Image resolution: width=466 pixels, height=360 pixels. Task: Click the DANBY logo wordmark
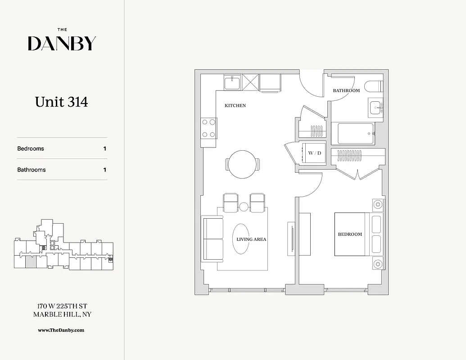point(62,43)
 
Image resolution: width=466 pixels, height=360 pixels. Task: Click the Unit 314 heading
point(62,102)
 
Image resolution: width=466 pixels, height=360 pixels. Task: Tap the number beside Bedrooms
point(105,148)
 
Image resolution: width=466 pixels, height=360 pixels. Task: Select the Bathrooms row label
point(32,170)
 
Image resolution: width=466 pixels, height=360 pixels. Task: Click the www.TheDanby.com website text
point(61,330)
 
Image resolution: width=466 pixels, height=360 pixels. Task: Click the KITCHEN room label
point(235,106)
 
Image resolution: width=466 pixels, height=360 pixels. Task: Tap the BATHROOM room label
point(346,90)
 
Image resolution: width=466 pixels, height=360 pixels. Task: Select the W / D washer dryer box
point(315,153)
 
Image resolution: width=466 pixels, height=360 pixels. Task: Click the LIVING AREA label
point(251,239)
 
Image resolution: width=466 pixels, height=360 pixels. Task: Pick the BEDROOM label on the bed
point(350,234)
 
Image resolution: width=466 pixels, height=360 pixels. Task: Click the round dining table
point(243,163)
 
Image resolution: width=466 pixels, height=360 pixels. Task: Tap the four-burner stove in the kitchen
point(208,128)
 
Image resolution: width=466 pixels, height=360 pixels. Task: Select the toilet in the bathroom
point(373,86)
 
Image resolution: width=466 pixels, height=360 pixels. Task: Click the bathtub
point(356,134)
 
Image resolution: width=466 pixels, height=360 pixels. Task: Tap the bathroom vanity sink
point(376,108)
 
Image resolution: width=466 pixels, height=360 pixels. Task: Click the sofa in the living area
point(213,238)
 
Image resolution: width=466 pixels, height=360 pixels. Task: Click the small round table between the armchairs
point(244,207)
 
